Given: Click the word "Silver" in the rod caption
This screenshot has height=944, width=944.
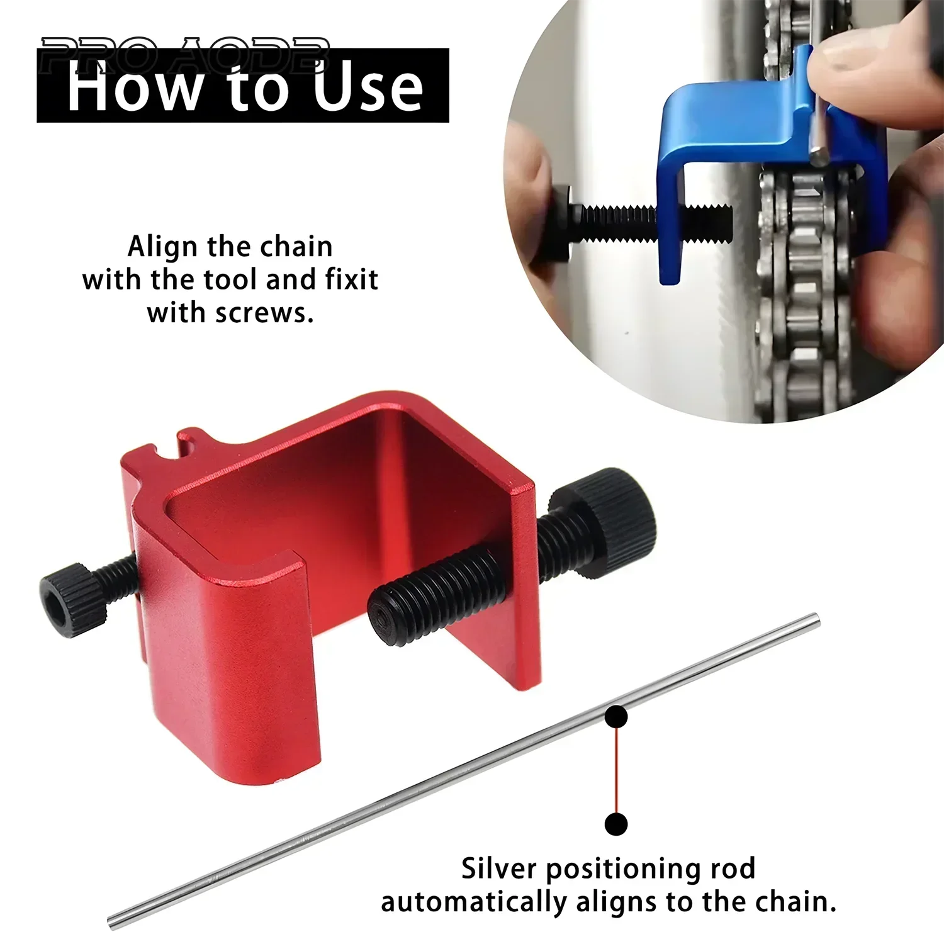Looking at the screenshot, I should click(x=498, y=869).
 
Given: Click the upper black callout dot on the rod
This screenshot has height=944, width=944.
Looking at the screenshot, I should click(x=616, y=717).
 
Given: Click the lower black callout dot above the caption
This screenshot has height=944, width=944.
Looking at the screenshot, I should click(x=616, y=824).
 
